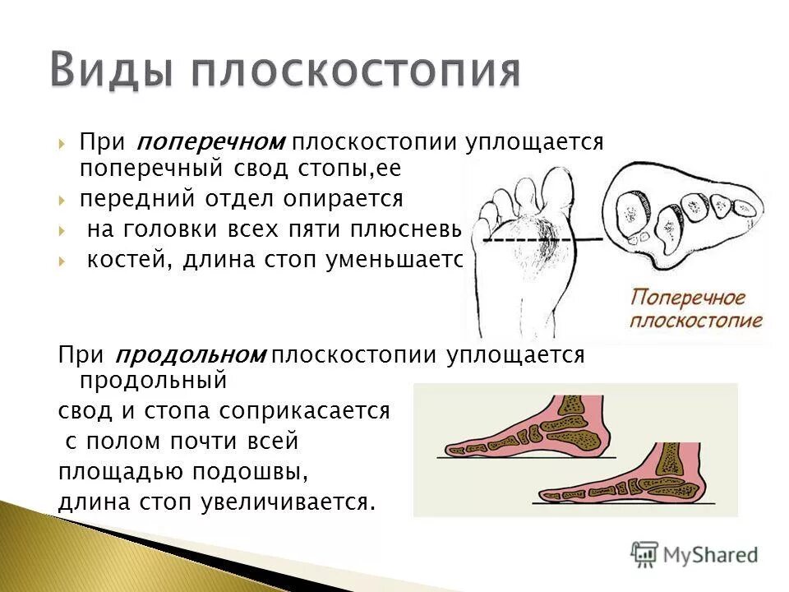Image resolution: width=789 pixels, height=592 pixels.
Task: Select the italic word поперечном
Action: click(x=210, y=141)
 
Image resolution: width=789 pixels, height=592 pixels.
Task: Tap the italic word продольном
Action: click(x=202, y=355)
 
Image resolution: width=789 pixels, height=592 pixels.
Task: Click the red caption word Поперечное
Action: click(x=688, y=297)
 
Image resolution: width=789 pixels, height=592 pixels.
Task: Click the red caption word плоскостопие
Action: click(x=696, y=320)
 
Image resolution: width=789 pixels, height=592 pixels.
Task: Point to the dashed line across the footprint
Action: click(x=526, y=239)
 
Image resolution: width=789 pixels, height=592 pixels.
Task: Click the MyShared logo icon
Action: click(x=645, y=553)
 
